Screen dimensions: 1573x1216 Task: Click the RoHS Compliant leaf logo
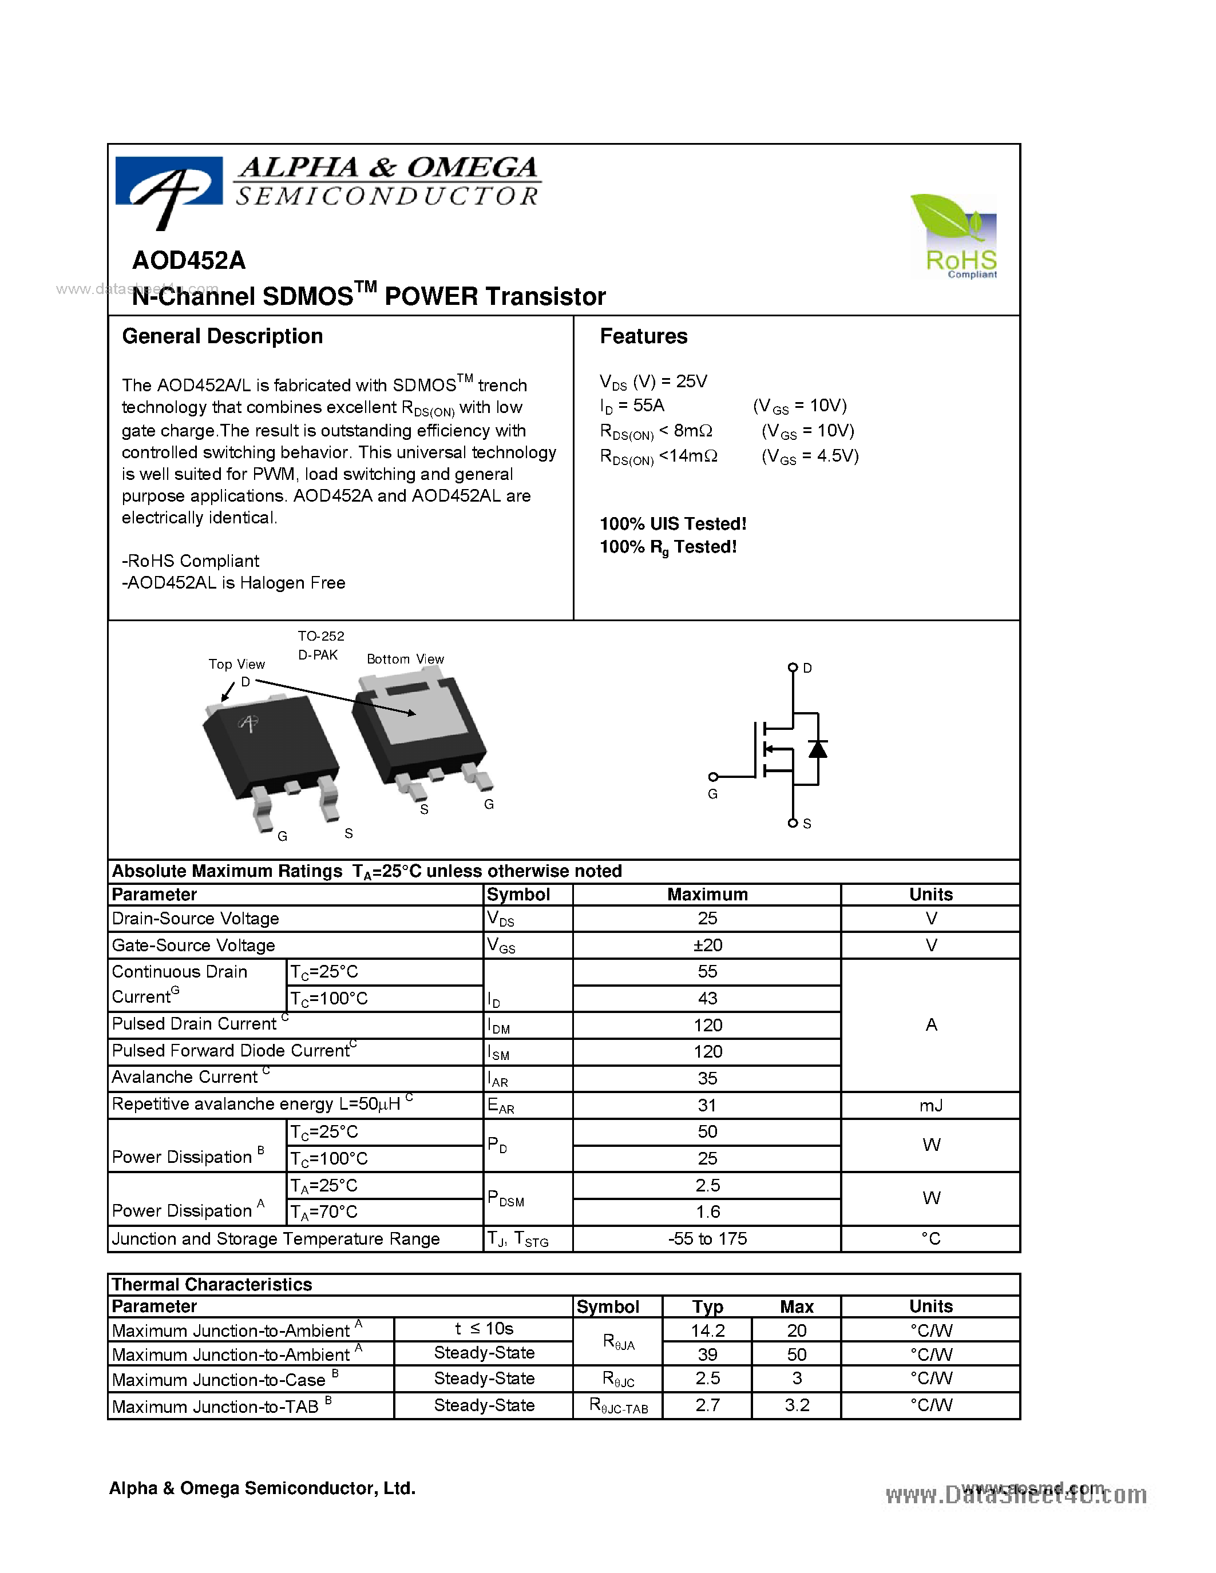pyautogui.click(x=954, y=236)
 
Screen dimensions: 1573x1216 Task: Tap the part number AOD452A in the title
pyautogui.click(x=189, y=260)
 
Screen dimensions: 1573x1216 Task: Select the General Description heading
pyautogui.click(x=222, y=336)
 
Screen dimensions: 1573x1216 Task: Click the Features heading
pyautogui.click(x=643, y=336)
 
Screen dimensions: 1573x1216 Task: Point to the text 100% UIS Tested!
pyautogui.click(x=673, y=523)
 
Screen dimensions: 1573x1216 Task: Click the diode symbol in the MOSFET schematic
pyautogui.click(x=818, y=749)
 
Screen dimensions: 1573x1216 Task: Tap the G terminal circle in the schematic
pyautogui.click(x=713, y=776)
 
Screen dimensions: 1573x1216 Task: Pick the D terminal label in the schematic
pyautogui.click(x=807, y=668)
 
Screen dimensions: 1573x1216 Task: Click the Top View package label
pyautogui.click(x=236, y=664)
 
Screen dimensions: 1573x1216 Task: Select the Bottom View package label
pyautogui.click(x=405, y=659)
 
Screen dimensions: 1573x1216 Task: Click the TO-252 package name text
pyautogui.click(x=321, y=636)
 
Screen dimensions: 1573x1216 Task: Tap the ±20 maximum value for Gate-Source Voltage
pyautogui.click(x=707, y=945)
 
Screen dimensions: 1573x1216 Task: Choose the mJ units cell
pyautogui.click(x=930, y=1105)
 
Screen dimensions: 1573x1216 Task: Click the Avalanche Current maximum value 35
pyautogui.click(x=707, y=1078)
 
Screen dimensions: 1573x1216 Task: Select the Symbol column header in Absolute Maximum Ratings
pyautogui.click(x=518, y=895)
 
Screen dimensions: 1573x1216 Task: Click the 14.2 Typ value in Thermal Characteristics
pyautogui.click(x=707, y=1330)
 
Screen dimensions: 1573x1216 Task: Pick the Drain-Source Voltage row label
pyautogui.click(x=195, y=918)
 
